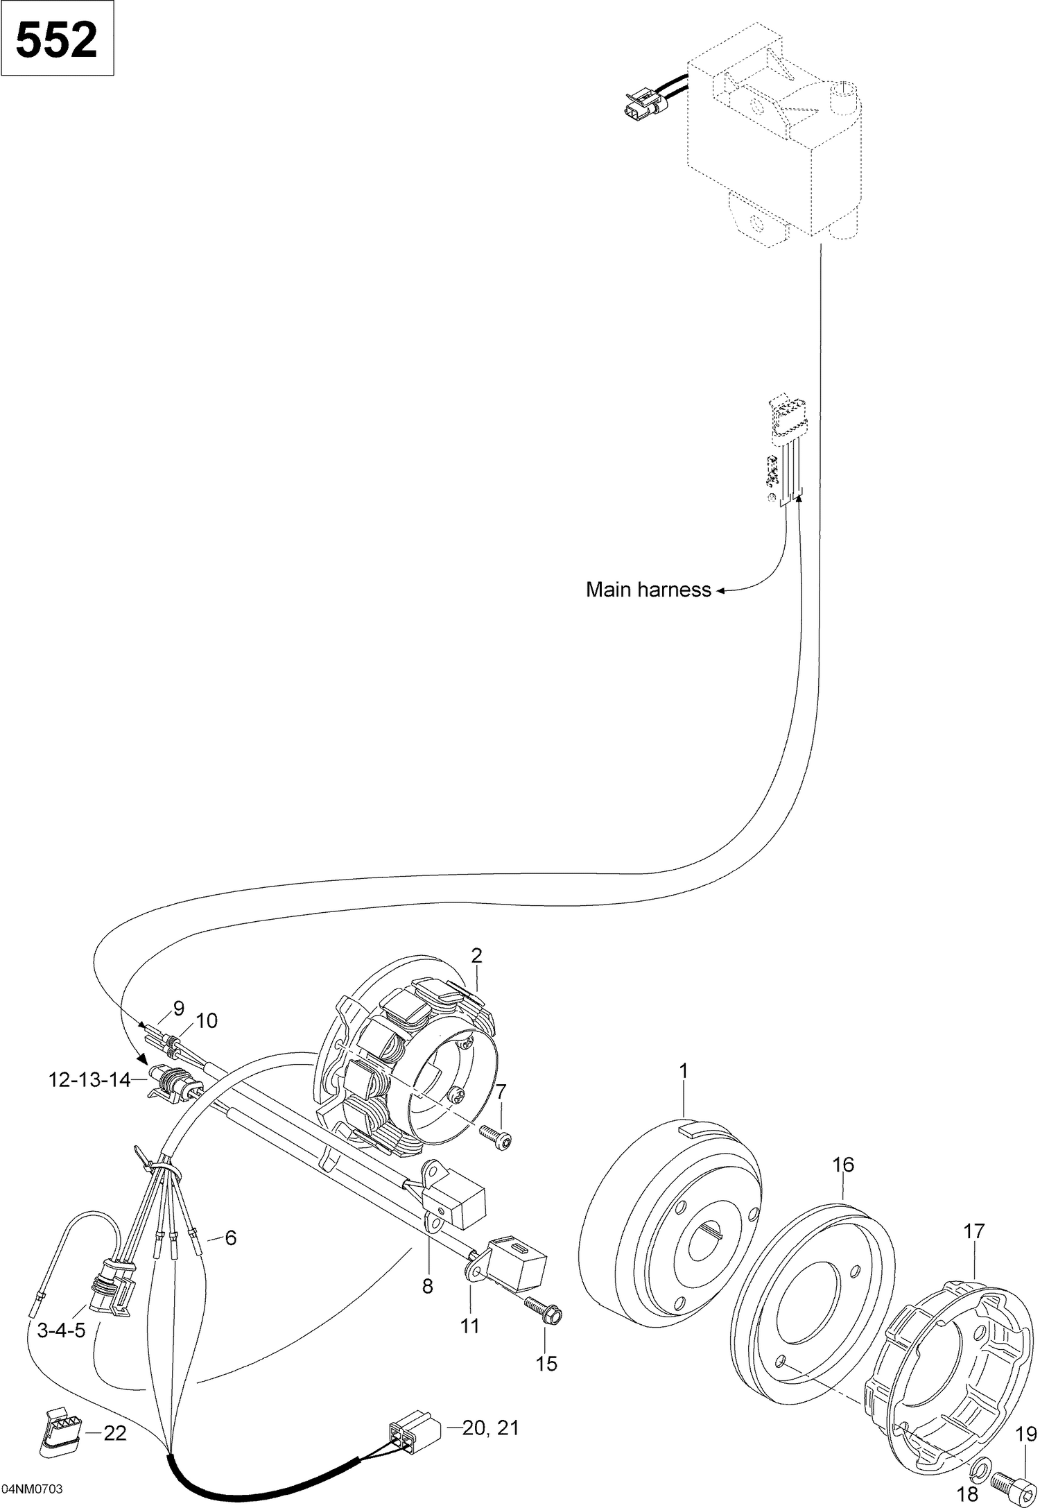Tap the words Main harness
coord(648,590)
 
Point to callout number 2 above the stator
coord(476,955)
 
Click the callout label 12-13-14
coord(89,1080)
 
